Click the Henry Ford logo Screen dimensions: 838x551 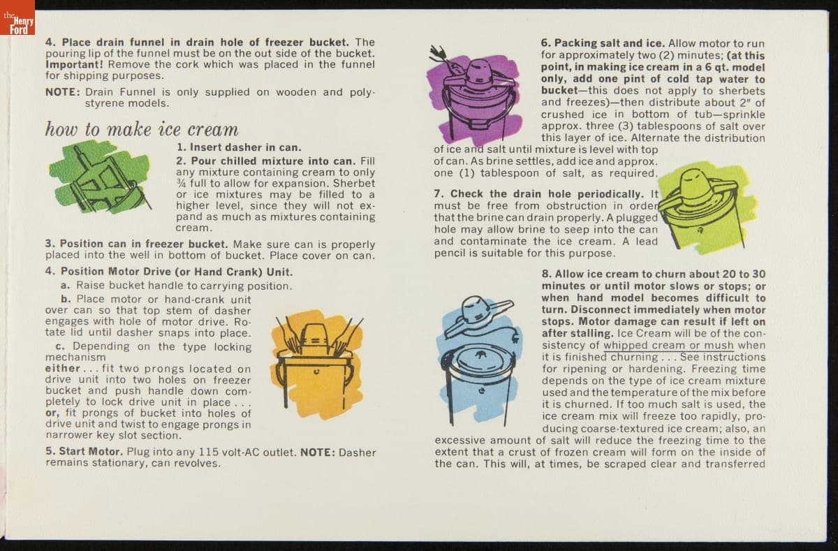tap(17, 17)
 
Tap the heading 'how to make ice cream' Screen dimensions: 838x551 tap(141, 130)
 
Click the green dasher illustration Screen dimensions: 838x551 tap(101, 177)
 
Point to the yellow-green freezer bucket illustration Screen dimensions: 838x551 tap(706, 209)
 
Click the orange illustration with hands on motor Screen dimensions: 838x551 tap(318, 364)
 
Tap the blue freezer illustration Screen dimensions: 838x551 tap(479, 361)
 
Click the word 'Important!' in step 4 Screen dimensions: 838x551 tap(74, 64)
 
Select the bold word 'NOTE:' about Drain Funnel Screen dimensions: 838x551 tap(62, 92)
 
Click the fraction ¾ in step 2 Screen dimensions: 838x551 tap(181, 183)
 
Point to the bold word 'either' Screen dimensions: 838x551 tap(62, 369)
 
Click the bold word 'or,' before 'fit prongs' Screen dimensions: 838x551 tap(52, 413)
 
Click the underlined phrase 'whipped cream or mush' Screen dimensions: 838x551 tap(668, 345)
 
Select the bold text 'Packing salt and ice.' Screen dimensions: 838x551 tap(603, 43)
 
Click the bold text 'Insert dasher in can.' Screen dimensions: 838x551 tap(239, 147)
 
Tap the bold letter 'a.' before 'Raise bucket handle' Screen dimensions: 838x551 tap(66, 286)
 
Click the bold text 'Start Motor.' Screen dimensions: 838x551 tap(84, 452)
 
